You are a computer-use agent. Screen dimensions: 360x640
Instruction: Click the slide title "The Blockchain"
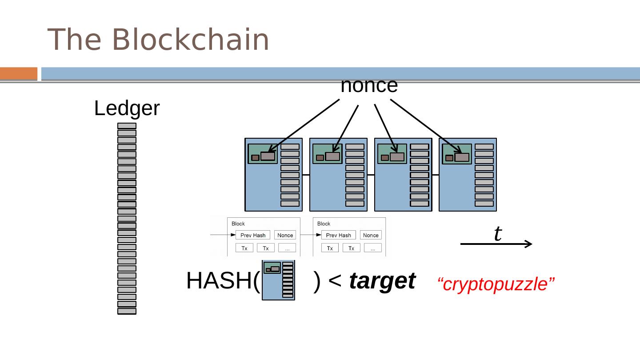(x=158, y=40)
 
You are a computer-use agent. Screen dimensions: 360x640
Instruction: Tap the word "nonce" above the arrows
(x=369, y=85)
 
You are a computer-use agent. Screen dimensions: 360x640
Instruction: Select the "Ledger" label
(x=127, y=108)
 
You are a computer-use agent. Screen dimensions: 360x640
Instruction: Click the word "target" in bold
(x=382, y=281)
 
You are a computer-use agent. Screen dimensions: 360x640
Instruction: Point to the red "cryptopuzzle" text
(x=496, y=284)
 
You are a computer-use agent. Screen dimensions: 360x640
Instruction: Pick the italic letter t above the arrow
(x=498, y=233)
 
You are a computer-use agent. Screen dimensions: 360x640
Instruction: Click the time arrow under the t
(x=496, y=244)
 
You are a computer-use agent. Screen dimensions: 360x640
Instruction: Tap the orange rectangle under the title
(x=19, y=73)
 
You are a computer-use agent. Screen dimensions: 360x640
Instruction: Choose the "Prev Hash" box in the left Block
(x=253, y=235)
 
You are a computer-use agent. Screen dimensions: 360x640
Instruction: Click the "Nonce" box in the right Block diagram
(x=371, y=235)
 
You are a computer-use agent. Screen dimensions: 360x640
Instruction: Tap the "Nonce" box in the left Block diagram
(x=285, y=235)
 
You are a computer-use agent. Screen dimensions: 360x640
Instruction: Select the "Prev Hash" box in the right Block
(x=338, y=235)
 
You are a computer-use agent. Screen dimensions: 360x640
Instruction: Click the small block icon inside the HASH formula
(x=278, y=280)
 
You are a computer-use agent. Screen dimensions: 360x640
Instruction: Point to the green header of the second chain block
(x=327, y=154)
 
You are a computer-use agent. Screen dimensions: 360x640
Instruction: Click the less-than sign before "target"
(x=335, y=281)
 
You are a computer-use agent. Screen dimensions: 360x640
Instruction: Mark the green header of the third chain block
(x=392, y=154)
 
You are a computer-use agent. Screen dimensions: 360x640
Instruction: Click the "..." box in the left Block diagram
(x=287, y=248)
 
